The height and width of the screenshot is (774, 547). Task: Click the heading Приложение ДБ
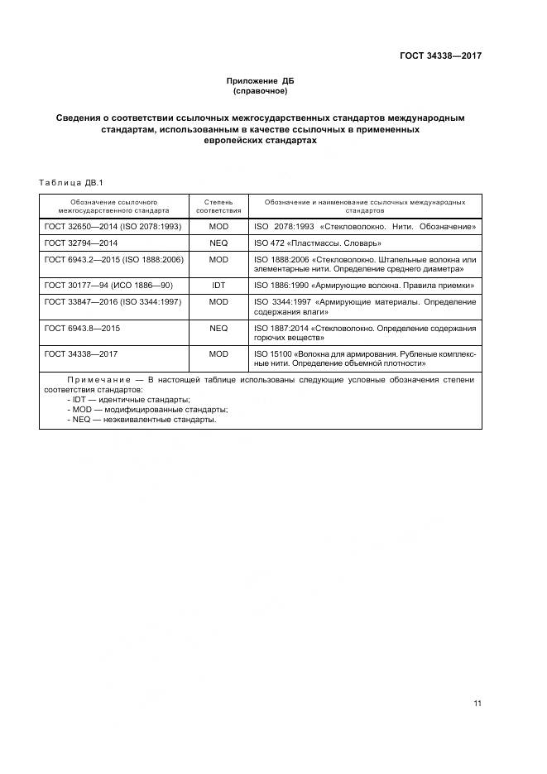(x=260, y=81)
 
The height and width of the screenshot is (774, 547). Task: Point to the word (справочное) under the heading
(x=260, y=91)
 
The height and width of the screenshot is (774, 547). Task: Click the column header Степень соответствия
(x=218, y=206)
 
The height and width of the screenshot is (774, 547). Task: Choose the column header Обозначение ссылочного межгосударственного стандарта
(x=114, y=206)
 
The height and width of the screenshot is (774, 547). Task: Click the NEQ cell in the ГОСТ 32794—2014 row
(x=218, y=243)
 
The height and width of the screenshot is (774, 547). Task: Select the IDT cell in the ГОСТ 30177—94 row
(x=218, y=285)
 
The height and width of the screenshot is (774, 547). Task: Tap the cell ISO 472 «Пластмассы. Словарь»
(x=317, y=243)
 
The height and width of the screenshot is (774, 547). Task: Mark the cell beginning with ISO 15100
(x=364, y=358)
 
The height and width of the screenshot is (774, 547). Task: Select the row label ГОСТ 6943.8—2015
(x=83, y=328)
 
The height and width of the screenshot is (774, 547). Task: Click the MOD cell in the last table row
(x=218, y=353)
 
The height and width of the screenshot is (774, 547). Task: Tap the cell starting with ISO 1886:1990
(x=363, y=285)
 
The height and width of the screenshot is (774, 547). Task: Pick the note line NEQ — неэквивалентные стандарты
(x=142, y=420)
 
